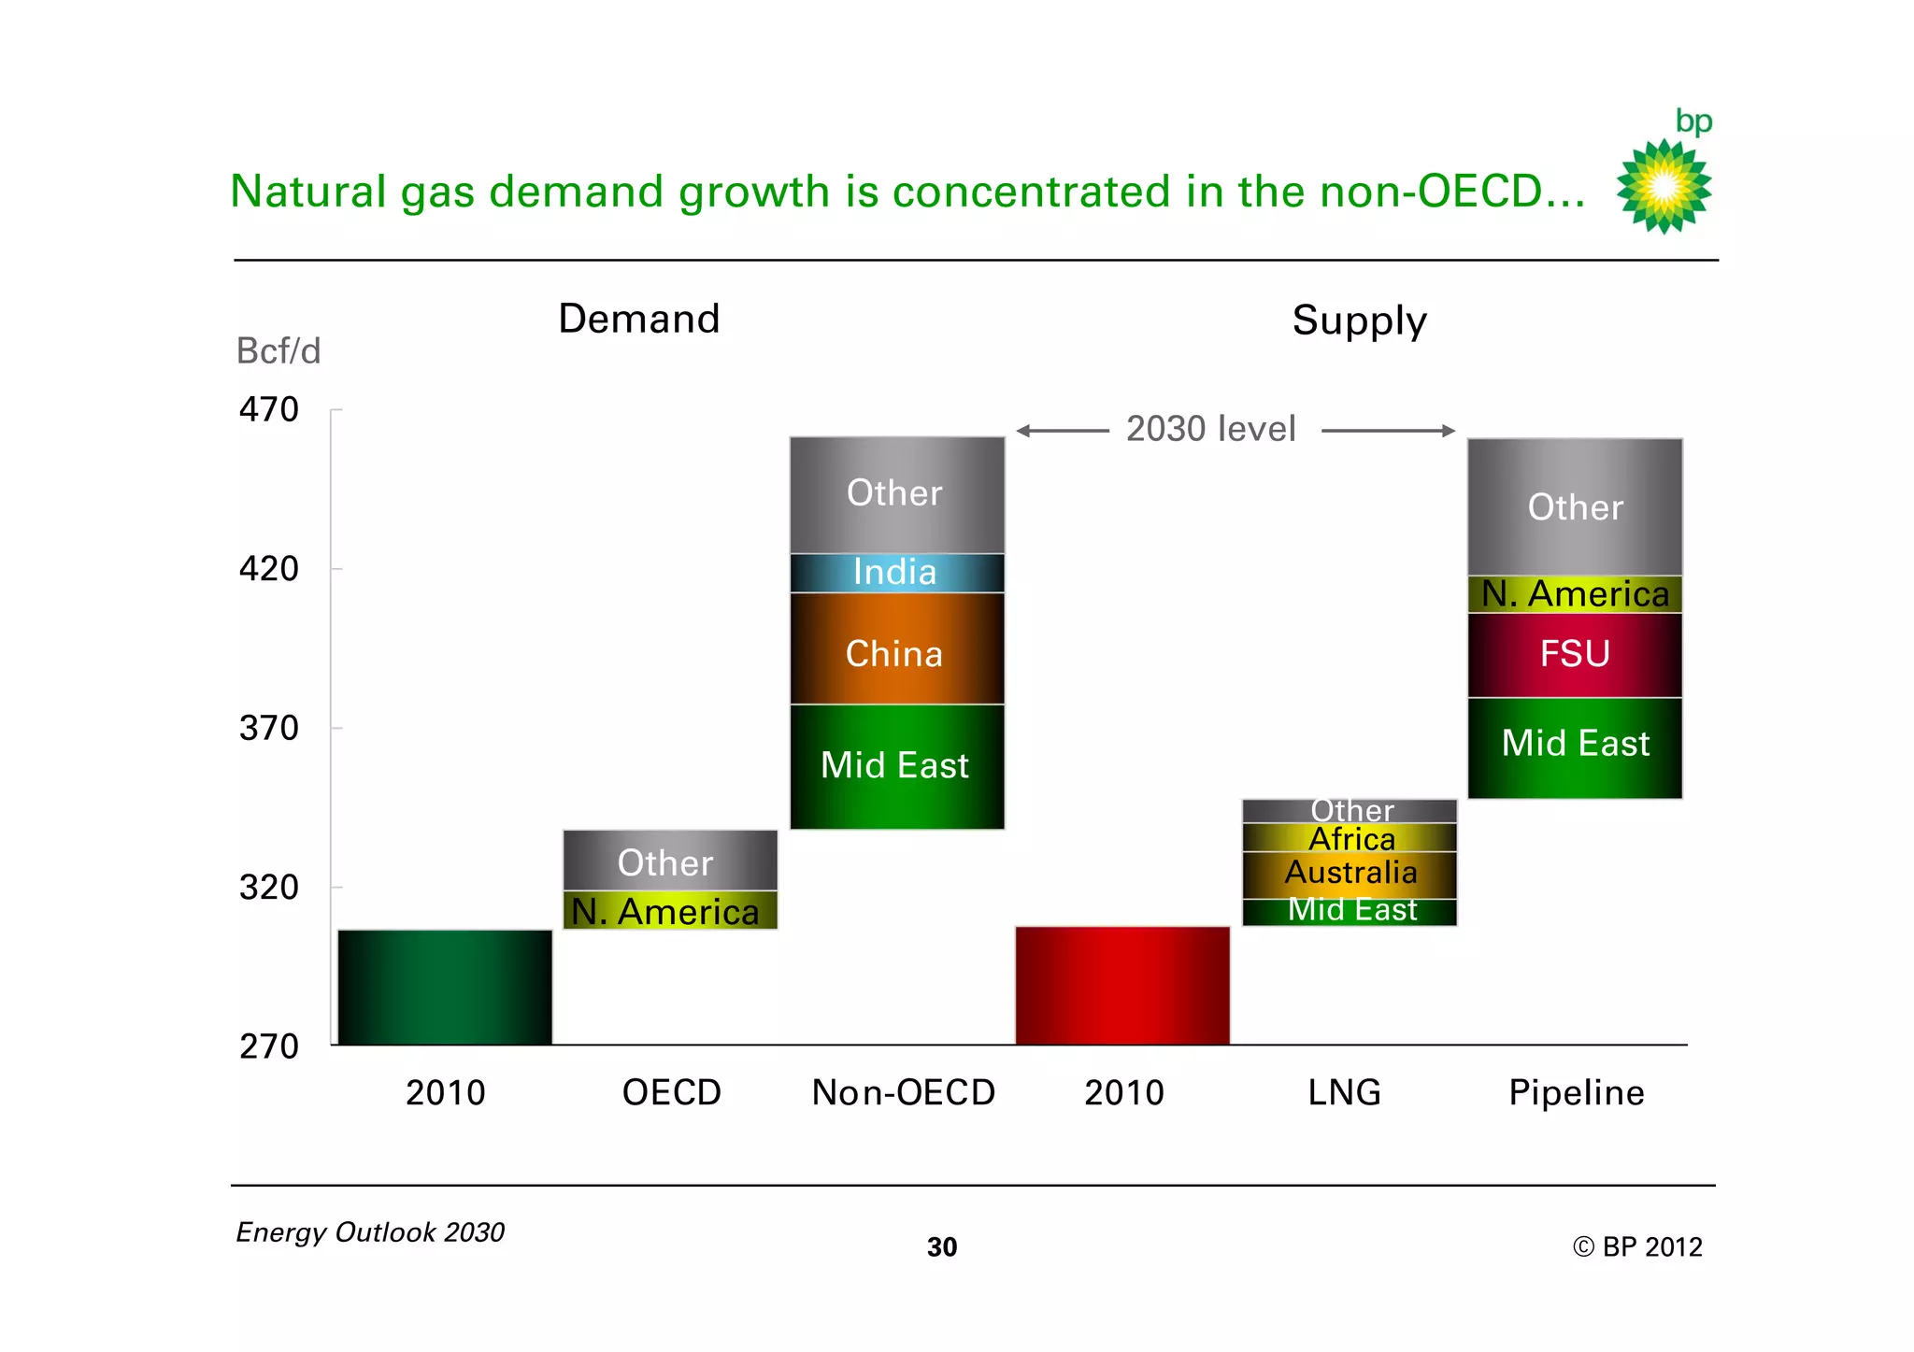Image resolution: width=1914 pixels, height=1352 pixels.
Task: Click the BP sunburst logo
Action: tap(1664, 185)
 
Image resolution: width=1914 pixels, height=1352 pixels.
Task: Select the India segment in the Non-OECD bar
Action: tap(896, 573)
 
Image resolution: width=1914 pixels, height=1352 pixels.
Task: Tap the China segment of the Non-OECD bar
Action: tap(896, 651)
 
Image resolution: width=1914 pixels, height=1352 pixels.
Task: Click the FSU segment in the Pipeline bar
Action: tap(1575, 655)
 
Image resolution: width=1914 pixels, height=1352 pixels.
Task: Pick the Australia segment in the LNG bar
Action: tap(1350, 874)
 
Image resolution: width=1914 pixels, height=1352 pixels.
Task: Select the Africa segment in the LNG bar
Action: tap(1350, 838)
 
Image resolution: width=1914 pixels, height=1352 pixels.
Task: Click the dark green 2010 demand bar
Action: tap(445, 987)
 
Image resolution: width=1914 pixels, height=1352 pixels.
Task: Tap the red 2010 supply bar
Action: tap(1122, 985)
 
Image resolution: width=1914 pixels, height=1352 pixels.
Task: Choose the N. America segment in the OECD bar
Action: tap(669, 911)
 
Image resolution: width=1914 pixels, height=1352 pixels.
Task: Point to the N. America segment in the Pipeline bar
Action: tap(1575, 594)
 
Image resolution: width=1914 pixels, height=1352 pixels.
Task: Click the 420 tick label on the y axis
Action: tap(269, 569)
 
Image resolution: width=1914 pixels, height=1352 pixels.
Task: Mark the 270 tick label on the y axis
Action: tap(269, 1046)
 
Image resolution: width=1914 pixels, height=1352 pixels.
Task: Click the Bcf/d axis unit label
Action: tap(279, 351)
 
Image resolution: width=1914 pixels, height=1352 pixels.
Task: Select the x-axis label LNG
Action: tap(1344, 1092)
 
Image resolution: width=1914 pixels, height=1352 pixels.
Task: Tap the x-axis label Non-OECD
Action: tap(903, 1092)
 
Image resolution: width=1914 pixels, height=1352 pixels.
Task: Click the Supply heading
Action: tap(1359, 320)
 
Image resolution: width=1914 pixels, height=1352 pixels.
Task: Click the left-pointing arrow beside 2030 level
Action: tap(1061, 431)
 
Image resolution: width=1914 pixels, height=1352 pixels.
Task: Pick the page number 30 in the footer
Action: tap(942, 1247)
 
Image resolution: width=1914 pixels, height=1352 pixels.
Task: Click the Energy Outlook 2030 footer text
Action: tap(370, 1232)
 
